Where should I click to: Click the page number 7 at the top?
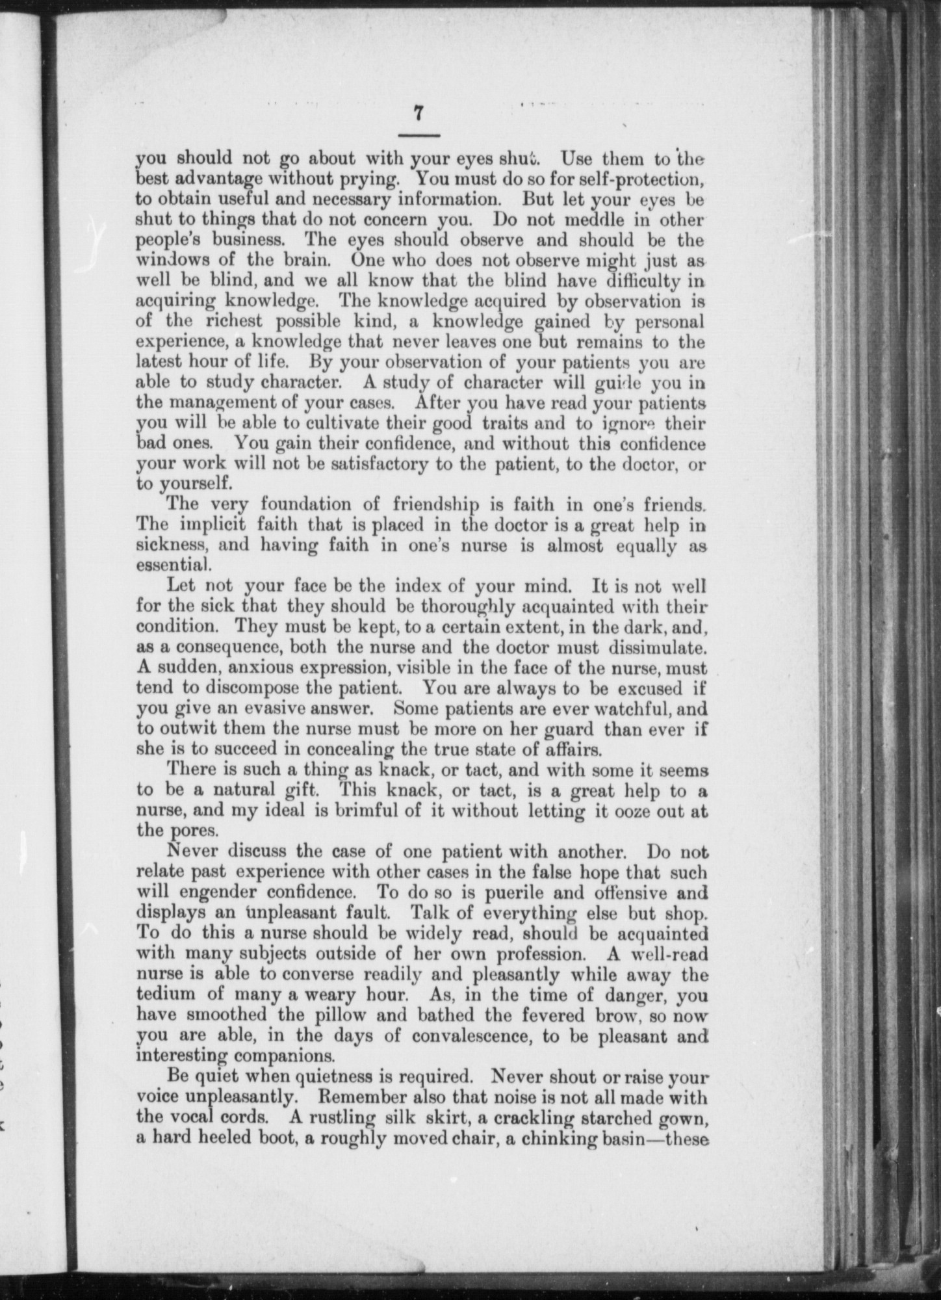pyautogui.click(x=419, y=112)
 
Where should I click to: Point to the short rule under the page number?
pyautogui.click(x=419, y=135)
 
